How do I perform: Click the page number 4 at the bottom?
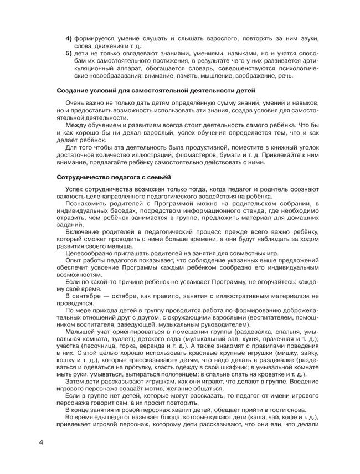[41, 444]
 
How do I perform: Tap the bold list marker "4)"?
[70, 38]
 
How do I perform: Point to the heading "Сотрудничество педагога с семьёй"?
[115, 178]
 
